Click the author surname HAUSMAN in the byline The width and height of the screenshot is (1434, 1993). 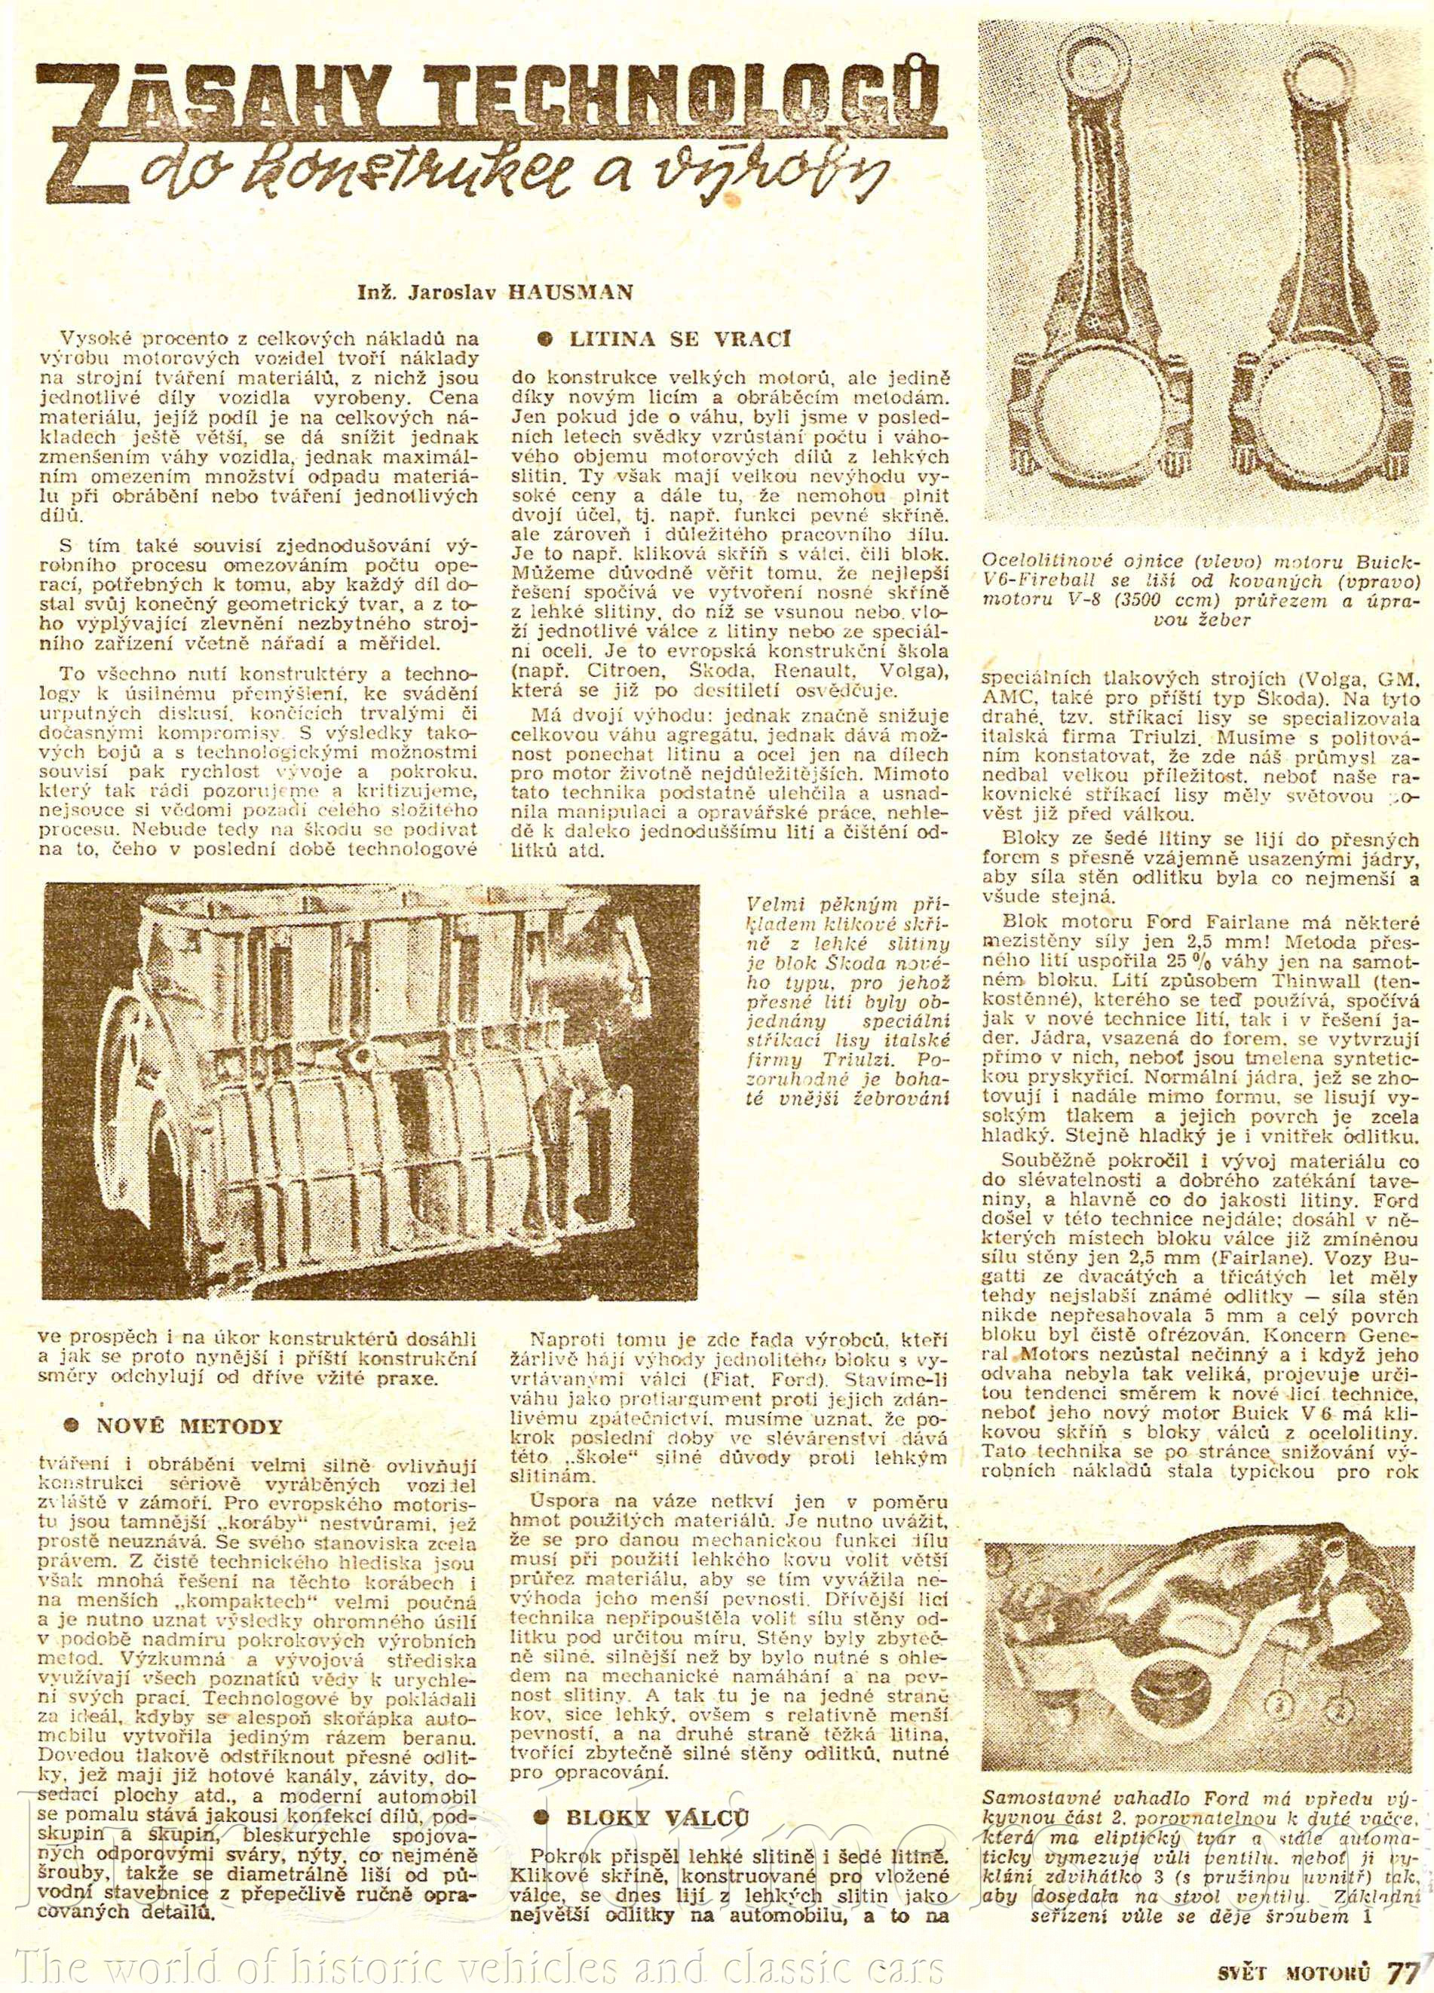pos(570,292)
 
